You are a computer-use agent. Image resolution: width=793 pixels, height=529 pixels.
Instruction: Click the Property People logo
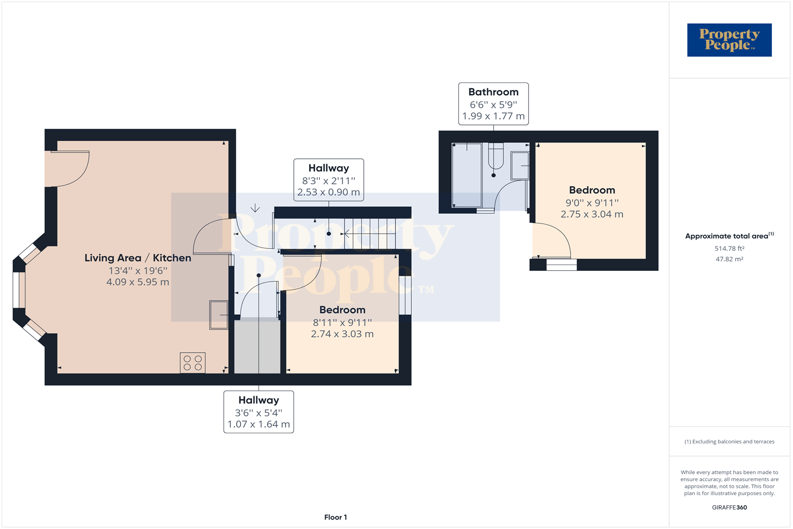(729, 40)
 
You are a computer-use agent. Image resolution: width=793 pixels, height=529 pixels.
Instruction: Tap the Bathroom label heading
(493, 92)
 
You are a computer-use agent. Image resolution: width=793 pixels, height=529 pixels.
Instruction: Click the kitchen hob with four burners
(192, 363)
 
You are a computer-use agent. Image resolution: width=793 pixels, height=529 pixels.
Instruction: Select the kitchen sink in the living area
(219, 315)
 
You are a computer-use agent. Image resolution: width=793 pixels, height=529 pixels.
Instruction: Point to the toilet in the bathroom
(496, 156)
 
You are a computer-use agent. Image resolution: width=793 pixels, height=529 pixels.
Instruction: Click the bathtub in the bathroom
(467, 175)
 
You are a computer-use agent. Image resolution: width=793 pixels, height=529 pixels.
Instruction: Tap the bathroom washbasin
(520, 166)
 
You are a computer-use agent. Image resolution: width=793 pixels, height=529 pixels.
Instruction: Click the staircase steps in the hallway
(370, 233)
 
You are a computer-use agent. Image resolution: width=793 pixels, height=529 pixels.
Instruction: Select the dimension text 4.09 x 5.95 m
(137, 282)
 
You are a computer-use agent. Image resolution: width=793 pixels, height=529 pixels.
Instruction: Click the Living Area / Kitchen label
(137, 258)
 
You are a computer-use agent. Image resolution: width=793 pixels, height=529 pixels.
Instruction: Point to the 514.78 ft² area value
(729, 249)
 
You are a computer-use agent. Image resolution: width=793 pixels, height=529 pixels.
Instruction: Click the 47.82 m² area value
(729, 259)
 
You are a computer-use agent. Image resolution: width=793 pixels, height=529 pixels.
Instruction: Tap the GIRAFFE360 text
(729, 507)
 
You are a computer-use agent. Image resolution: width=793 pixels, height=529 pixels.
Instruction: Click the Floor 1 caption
(336, 517)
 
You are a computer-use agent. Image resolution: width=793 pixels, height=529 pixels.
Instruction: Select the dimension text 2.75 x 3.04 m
(592, 214)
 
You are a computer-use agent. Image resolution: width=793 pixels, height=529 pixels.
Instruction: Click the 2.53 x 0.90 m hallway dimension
(328, 192)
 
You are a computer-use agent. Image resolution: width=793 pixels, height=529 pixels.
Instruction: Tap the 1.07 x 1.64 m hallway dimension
(259, 424)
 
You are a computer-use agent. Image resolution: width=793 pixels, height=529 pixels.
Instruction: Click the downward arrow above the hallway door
(255, 208)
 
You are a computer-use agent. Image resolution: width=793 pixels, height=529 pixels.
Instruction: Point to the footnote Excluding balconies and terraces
(729, 442)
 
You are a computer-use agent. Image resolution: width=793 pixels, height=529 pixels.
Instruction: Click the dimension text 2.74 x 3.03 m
(342, 334)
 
